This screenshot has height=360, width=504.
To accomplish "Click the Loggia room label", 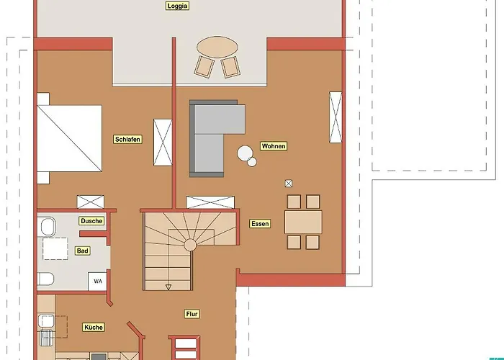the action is pyautogui.click(x=177, y=6).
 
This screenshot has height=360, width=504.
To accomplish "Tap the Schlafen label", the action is pyautogui.click(x=127, y=140).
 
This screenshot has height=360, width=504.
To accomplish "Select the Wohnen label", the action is pyautogui.click(x=274, y=146).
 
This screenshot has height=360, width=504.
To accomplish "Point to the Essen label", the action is pyautogui.click(x=260, y=224).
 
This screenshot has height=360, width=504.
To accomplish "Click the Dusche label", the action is pyautogui.click(x=91, y=221).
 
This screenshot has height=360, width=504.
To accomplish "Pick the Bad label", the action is pyautogui.click(x=82, y=251).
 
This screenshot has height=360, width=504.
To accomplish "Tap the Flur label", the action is pyautogui.click(x=192, y=314).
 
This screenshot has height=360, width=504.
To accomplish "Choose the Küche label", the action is pyautogui.click(x=94, y=327).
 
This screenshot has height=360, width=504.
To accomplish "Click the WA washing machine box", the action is pyautogui.click(x=98, y=282).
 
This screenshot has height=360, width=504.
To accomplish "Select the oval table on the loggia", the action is pyautogui.click(x=217, y=47).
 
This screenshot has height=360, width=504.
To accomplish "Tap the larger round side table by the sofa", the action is pyautogui.click(x=245, y=153).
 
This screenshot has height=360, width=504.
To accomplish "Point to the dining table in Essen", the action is pyautogui.click(x=303, y=222).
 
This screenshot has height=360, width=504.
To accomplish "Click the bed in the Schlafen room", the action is pyautogui.click(x=69, y=138).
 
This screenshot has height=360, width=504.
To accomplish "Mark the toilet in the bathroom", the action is pyautogui.click(x=45, y=279).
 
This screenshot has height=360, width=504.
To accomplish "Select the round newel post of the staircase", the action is pyautogui.click(x=190, y=245).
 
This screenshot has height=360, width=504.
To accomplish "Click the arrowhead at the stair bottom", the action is pyautogui.click(x=168, y=287).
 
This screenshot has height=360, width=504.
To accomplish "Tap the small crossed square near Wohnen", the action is pyautogui.click(x=289, y=184).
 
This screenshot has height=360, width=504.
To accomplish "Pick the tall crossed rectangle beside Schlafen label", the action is pyautogui.click(x=163, y=143).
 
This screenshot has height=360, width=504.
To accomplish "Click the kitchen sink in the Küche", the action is pyautogui.click(x=46, y=321).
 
